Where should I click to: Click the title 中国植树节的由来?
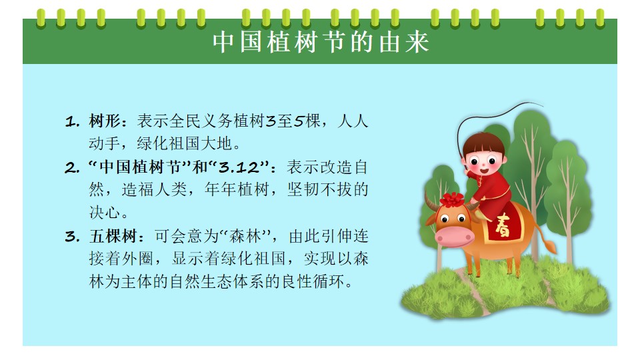321,42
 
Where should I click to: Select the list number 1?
72,121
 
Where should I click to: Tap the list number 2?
72,168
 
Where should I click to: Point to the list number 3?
72,237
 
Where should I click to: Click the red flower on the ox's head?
452,199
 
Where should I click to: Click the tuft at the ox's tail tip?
551,247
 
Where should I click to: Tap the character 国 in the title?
251,42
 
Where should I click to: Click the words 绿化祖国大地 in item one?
185,144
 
